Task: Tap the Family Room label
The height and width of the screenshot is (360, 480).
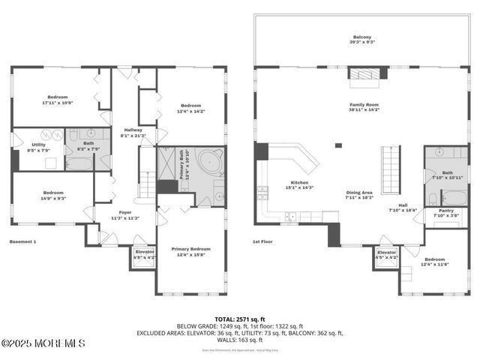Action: pos(364,106)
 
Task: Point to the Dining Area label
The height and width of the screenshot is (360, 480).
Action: pos(358,194)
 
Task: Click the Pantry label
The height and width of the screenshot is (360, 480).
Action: pos(445,213)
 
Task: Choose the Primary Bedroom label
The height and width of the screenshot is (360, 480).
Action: pos(190,250)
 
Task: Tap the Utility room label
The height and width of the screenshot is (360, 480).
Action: pos(38,146)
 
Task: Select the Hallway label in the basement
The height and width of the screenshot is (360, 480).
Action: pos(131,133)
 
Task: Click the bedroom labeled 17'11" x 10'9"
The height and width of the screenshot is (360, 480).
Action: pos(58,99)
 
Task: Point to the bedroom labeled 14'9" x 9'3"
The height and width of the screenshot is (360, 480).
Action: pos(52,195)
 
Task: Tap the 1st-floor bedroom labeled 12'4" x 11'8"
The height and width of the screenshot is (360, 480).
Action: pos(439,261)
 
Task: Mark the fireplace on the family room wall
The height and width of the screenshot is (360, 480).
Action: pos(367,73)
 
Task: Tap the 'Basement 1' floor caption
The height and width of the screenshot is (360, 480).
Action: pos(22,241)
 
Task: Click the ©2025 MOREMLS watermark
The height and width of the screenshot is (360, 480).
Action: pos(43,343)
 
